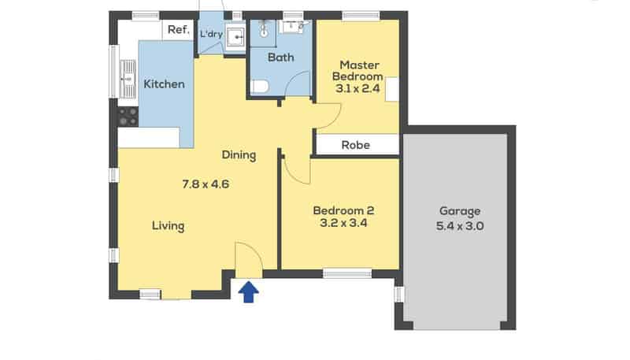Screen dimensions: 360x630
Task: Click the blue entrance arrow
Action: click(249, 292)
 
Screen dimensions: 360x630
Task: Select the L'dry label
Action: click(210, 34)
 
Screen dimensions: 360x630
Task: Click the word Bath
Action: click(280, 58)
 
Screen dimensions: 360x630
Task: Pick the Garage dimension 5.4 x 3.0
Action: click(461, 225)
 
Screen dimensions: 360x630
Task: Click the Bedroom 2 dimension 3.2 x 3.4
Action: click(343, 223)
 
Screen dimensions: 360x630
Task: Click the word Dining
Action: click(239, 155)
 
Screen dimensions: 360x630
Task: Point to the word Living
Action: click(168, 226)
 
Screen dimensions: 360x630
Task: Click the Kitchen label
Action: click(165, 84)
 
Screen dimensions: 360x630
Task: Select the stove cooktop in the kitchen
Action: click(128, 117)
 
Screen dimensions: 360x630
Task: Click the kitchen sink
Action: click(128, 76)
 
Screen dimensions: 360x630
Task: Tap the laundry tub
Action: click(235, 36)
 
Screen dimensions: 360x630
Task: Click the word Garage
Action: click(460, 211)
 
